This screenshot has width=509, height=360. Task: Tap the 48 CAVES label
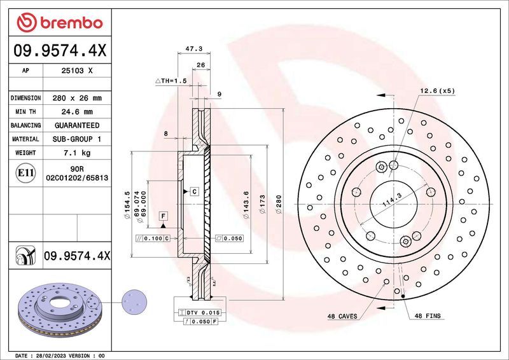(342, 316)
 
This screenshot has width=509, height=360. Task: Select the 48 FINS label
(428, 316)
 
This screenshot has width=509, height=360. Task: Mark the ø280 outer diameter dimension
(279, 204)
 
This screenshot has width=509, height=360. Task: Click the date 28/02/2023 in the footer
(53, 355)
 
